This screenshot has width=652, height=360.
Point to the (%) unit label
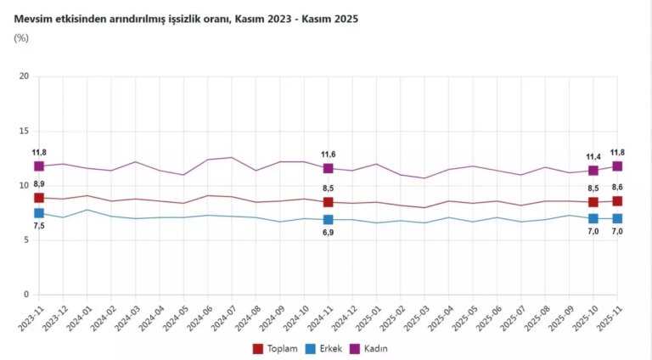22,38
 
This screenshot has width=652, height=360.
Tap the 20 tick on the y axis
24,76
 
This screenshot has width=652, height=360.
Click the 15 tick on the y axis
24,132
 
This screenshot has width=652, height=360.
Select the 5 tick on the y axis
25,240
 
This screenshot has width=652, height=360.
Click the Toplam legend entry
278,348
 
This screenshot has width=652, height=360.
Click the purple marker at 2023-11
39,166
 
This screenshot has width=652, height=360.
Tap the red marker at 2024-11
328,202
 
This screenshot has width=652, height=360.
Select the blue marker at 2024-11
328,220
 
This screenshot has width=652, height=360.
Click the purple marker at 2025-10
593,171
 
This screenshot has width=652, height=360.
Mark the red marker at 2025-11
617,201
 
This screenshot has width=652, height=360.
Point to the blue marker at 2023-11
39,213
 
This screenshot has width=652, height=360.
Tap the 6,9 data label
328,233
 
